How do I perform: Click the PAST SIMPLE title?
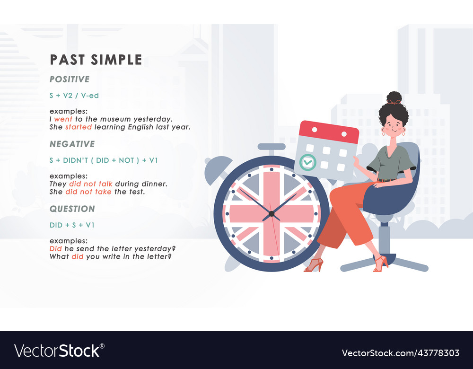click(x=96, y=60)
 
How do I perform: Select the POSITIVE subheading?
click(x=70, y=79)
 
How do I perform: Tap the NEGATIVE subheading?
click(x=72, y=144)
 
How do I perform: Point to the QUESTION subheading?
click(x=72, y=209)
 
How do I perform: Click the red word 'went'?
click(x=63, y=119)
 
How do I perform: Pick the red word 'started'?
click(x=79, y=127)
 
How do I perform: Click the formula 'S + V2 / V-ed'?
click(x=74, y=96)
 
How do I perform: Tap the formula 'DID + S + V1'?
click(x=72, y=225)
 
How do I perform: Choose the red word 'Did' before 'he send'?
click(x=55, y=249)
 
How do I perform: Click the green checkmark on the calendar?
click(x=308, y=162)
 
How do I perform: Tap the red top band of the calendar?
click(x=328, y=132)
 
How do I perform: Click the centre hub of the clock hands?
click(x=271, y=214)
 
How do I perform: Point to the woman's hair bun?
click(x=394, y=98)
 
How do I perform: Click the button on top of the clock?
click(x=272, y=147)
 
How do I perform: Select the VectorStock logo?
click(x=60, y=351)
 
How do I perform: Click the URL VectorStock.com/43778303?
click(x=401, y=353)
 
